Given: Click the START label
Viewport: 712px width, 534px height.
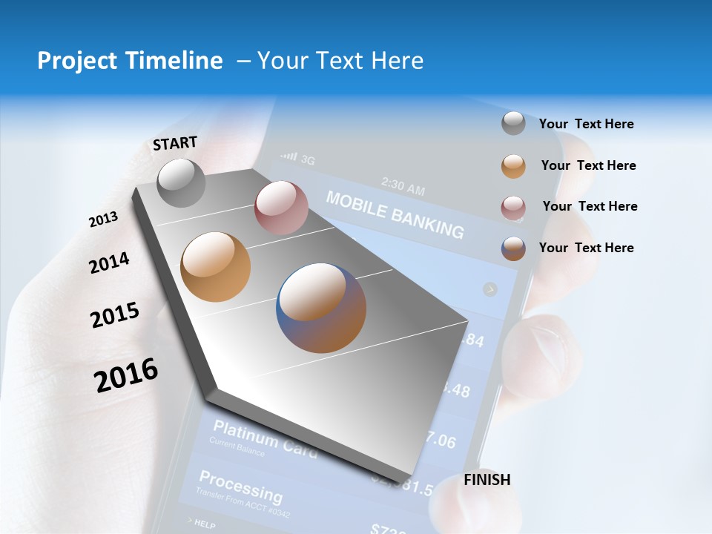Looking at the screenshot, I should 175,143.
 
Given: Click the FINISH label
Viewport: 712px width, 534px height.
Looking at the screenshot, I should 487,480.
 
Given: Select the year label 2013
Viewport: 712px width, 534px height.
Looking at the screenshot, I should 103,220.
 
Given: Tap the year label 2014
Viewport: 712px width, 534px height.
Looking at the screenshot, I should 109,263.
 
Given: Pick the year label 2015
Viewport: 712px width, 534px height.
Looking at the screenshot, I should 115,315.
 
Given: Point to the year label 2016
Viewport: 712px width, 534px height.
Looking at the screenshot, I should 126,375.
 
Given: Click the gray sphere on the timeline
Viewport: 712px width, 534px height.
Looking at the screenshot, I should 181,182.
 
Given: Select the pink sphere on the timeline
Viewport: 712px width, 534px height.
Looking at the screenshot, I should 281,208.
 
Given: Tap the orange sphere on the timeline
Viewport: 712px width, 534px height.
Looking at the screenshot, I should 215,266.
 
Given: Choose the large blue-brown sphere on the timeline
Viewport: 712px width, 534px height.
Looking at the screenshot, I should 321,307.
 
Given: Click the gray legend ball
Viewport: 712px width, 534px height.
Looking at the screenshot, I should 513,123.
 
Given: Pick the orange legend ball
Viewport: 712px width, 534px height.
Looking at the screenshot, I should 513,166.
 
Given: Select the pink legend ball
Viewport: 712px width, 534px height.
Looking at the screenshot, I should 513,208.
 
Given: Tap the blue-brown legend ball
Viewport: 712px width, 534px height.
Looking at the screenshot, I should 513,248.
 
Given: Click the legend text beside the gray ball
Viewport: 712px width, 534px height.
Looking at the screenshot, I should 586,124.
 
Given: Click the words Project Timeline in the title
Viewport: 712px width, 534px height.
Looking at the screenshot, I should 130,61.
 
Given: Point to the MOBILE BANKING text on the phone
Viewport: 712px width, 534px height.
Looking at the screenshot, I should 395,214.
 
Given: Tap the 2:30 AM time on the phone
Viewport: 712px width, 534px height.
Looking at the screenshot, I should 403,185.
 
